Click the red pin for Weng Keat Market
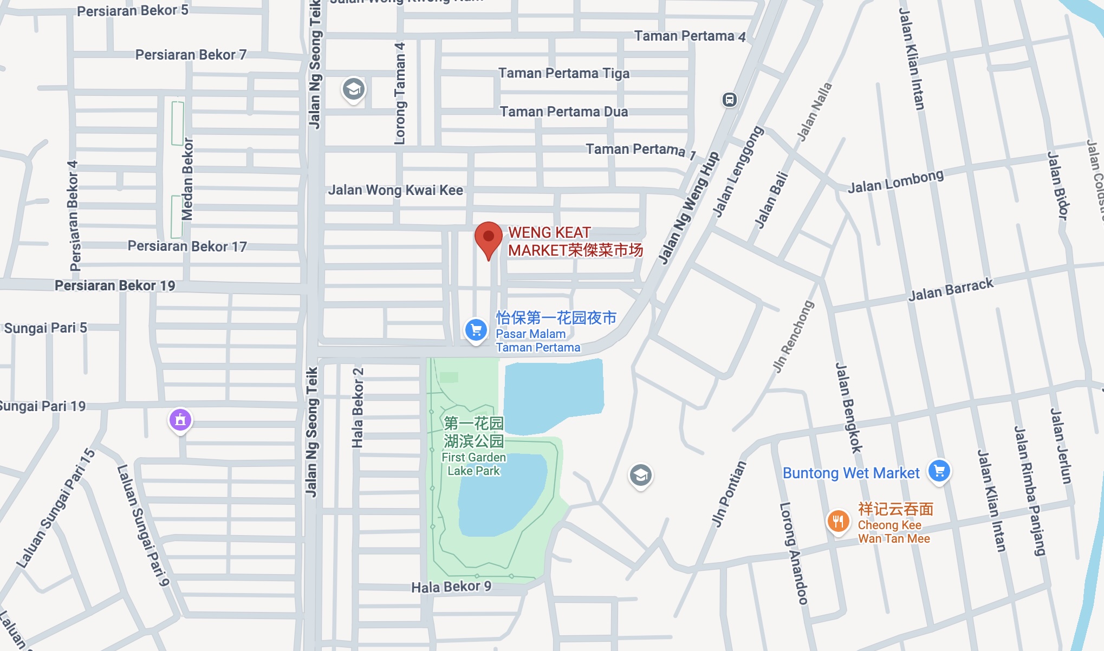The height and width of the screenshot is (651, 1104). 488,239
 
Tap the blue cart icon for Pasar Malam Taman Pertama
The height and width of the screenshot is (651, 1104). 476,329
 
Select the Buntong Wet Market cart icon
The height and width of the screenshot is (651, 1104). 939,470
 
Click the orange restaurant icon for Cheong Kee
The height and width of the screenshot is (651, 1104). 838,522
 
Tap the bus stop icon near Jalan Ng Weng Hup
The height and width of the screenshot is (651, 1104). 730,100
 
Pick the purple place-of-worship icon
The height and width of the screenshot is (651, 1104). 180,420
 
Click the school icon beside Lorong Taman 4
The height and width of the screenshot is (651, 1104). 354,89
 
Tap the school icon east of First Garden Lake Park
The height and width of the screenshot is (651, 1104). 640,476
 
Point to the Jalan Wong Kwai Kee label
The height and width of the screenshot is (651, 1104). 395,190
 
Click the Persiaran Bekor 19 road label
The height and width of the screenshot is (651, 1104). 115,285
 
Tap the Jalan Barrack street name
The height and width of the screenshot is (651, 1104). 951,290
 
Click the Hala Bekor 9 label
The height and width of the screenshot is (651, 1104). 451,587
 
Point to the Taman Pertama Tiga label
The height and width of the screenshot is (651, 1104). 564,73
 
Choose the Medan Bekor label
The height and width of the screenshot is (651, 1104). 187,179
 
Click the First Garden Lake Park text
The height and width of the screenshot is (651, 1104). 473,464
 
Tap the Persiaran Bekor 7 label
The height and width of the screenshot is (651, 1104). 191,55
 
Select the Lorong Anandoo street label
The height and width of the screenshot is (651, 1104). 794,552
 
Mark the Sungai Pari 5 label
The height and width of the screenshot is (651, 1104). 46,328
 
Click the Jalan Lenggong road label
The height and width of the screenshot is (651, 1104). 737,172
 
